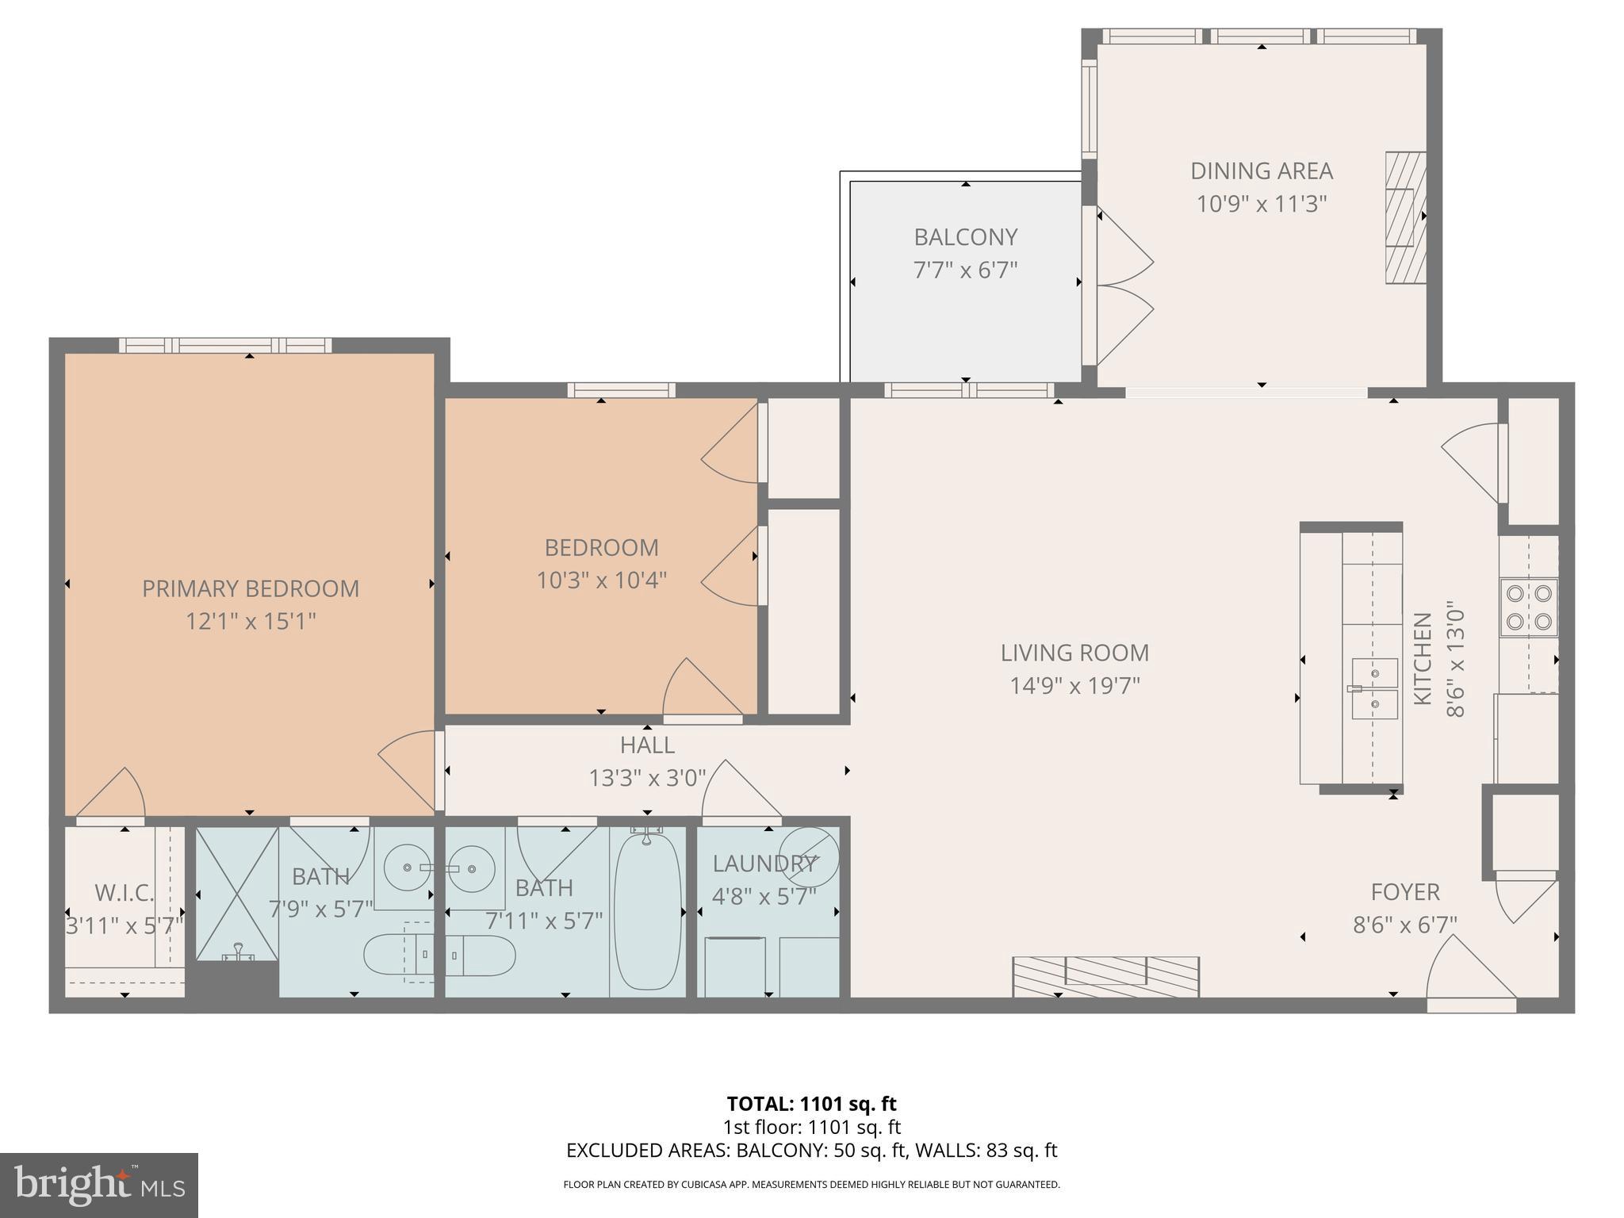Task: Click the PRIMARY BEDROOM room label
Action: tap(251, 588)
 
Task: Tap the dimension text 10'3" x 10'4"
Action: tap(601, 580)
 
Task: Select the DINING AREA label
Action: tap(1261, 170)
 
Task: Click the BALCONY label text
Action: tap(965, 237)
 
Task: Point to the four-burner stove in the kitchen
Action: tap(1528, 607)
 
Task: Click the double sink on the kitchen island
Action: tap(1374, 688)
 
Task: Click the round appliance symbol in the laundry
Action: tap(809, 856)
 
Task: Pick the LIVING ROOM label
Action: tap(1074, 653)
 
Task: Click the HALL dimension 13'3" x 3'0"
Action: tap(647, 778)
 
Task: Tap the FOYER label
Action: tap(1405, 892)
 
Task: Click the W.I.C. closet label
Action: tap(124, 893)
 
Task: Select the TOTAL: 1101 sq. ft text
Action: tap(811, 1104)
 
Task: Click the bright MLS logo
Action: tap(99, 1185)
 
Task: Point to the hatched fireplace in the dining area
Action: tap(1404, 217)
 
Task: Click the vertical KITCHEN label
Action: tap(1423, 658)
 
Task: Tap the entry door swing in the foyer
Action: tap(1467, 971)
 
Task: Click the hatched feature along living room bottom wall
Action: tap(1105, 976)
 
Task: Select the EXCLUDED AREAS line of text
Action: tap(811, 1151)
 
